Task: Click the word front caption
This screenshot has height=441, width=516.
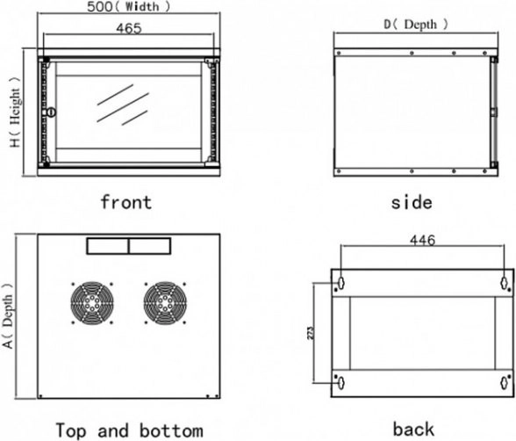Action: [x=125, y=202]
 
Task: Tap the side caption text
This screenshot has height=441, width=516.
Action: [x=412, y=202]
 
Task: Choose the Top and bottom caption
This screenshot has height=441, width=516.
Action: [x=129, y=430]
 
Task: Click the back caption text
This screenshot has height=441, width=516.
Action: [x=413, y=429]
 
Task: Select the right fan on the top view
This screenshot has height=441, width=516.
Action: [x=165, y=303]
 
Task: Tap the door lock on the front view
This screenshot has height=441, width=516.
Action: [x=49, y=112]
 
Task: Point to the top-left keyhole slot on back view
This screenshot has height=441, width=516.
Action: [x=341, y=283]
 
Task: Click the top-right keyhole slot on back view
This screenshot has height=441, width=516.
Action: [x=504, y=283]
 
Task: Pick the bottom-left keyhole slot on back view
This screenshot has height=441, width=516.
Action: [x=341, y=382]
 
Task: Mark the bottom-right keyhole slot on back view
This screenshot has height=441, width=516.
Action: [x=504, y=382]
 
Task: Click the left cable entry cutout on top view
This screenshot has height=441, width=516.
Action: [x=107, y=247]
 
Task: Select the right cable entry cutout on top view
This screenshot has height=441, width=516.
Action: [x=150, y=247]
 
